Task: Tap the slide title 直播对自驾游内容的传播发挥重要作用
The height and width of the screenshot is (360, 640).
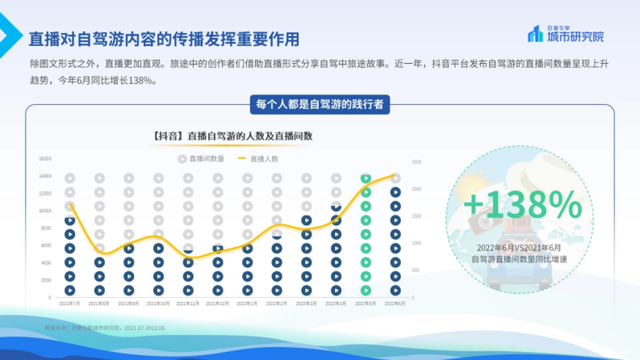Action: click(x=164, y=39)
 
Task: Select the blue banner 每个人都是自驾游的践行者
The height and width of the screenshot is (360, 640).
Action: click(x=320, y=104)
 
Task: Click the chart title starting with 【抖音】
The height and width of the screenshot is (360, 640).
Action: click(x=232, y=136)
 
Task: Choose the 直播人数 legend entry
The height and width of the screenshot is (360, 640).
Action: click(x=258, y=158)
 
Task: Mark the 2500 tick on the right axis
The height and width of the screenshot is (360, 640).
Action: click(x=417, y=162)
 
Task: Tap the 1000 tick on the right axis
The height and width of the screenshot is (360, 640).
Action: click(x=417, y=243)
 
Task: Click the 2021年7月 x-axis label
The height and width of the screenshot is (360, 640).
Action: click(x=69, y=303)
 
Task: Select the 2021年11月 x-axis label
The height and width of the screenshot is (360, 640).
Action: click(x=188, y=303)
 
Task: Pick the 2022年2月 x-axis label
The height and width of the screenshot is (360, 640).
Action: click(x=276, y=303)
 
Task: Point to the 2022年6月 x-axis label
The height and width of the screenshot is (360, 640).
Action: click(x=395, y=303)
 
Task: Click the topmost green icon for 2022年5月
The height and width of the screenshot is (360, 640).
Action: click(x=365, y=179)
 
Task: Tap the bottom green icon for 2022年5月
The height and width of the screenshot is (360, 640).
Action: click(x=365, y=290)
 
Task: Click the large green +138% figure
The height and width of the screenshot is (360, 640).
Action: click(x=522, y=205)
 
